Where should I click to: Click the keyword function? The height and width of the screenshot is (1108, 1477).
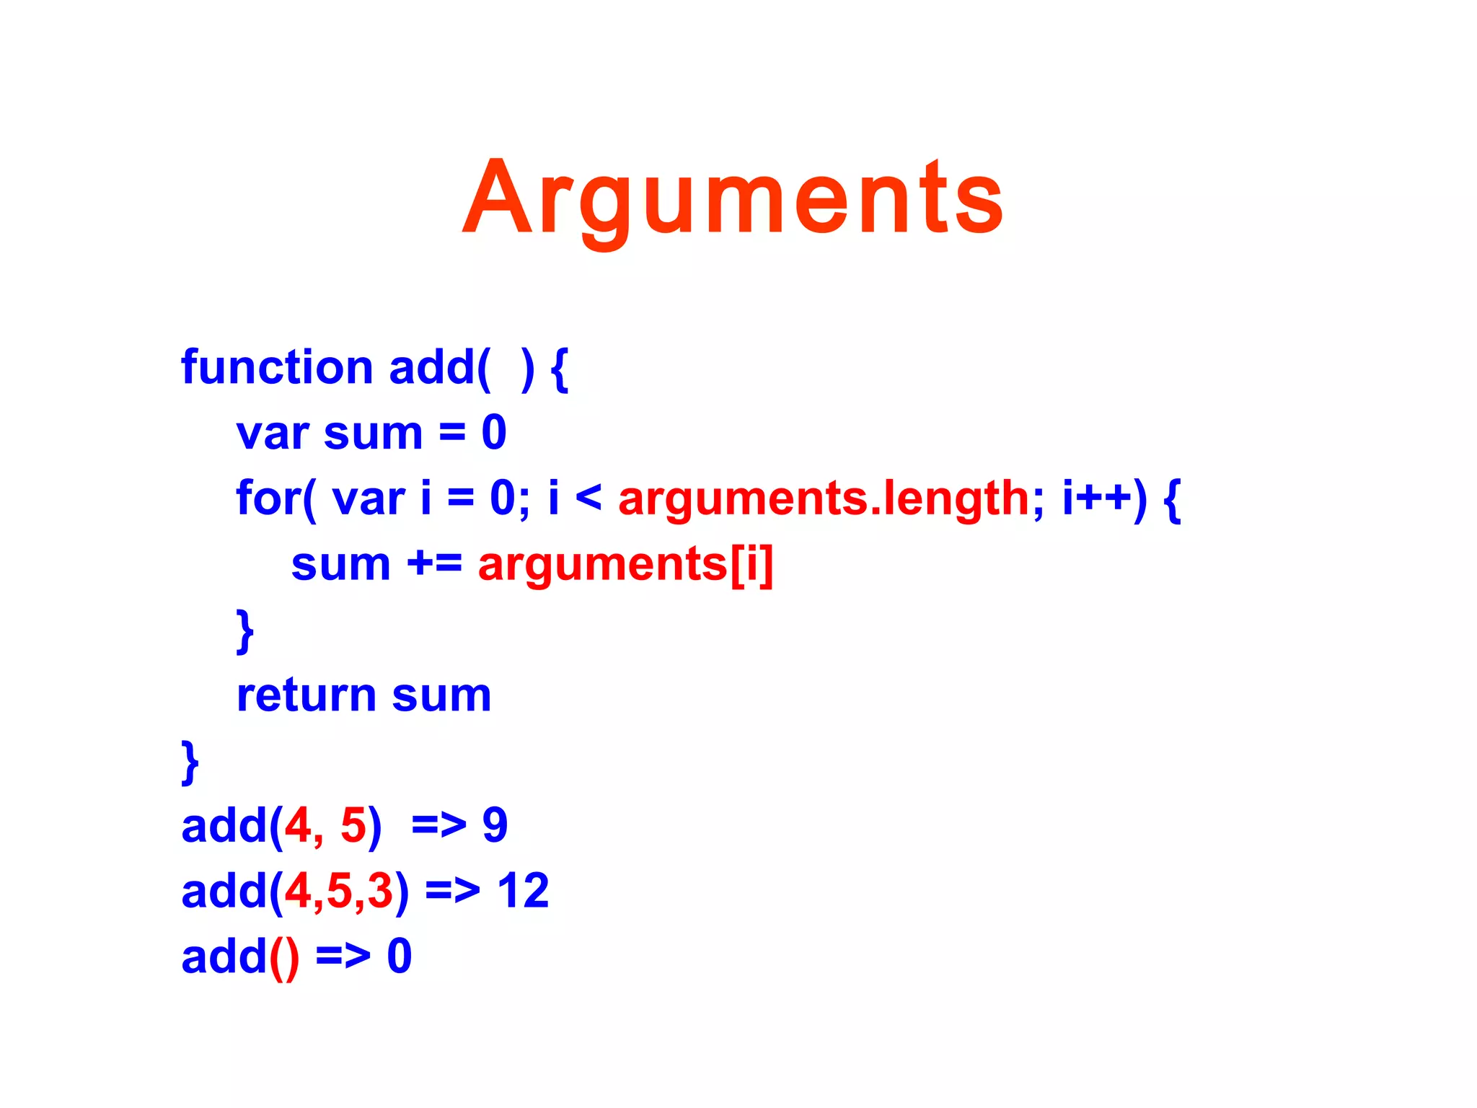pyautogui.click(x=277, y=367)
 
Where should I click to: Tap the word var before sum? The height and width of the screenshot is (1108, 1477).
pyautogui.click(x=273, y=434)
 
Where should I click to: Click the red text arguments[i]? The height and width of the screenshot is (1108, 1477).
pyautogui.click(x=625, y=565)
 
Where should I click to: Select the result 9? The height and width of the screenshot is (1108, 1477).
pyautogui.click(x=495, y=825)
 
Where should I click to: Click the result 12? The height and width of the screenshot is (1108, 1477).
pyautogui.click(x=523, y=891)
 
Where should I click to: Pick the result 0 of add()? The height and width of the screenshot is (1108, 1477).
pyautogui.click(x=400, y=957)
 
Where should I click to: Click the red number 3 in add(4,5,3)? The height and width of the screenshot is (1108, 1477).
pyautogui.click(x=380, y=891)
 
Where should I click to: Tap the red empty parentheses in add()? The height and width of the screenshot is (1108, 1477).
pyautogui.click(x=283, y=958)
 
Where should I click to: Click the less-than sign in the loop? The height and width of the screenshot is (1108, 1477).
pyautogui.click(x=588, y=498)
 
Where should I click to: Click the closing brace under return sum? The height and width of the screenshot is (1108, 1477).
pyautogui.click(x=190, y=762)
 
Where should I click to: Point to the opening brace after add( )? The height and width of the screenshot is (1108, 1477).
pyautogui.click(x=559, y=369)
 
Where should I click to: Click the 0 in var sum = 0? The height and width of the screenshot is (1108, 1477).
pyautogui.click(x=494, y=434)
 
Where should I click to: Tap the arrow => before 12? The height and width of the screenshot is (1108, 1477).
pyautogui.click(x=452, y=892)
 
